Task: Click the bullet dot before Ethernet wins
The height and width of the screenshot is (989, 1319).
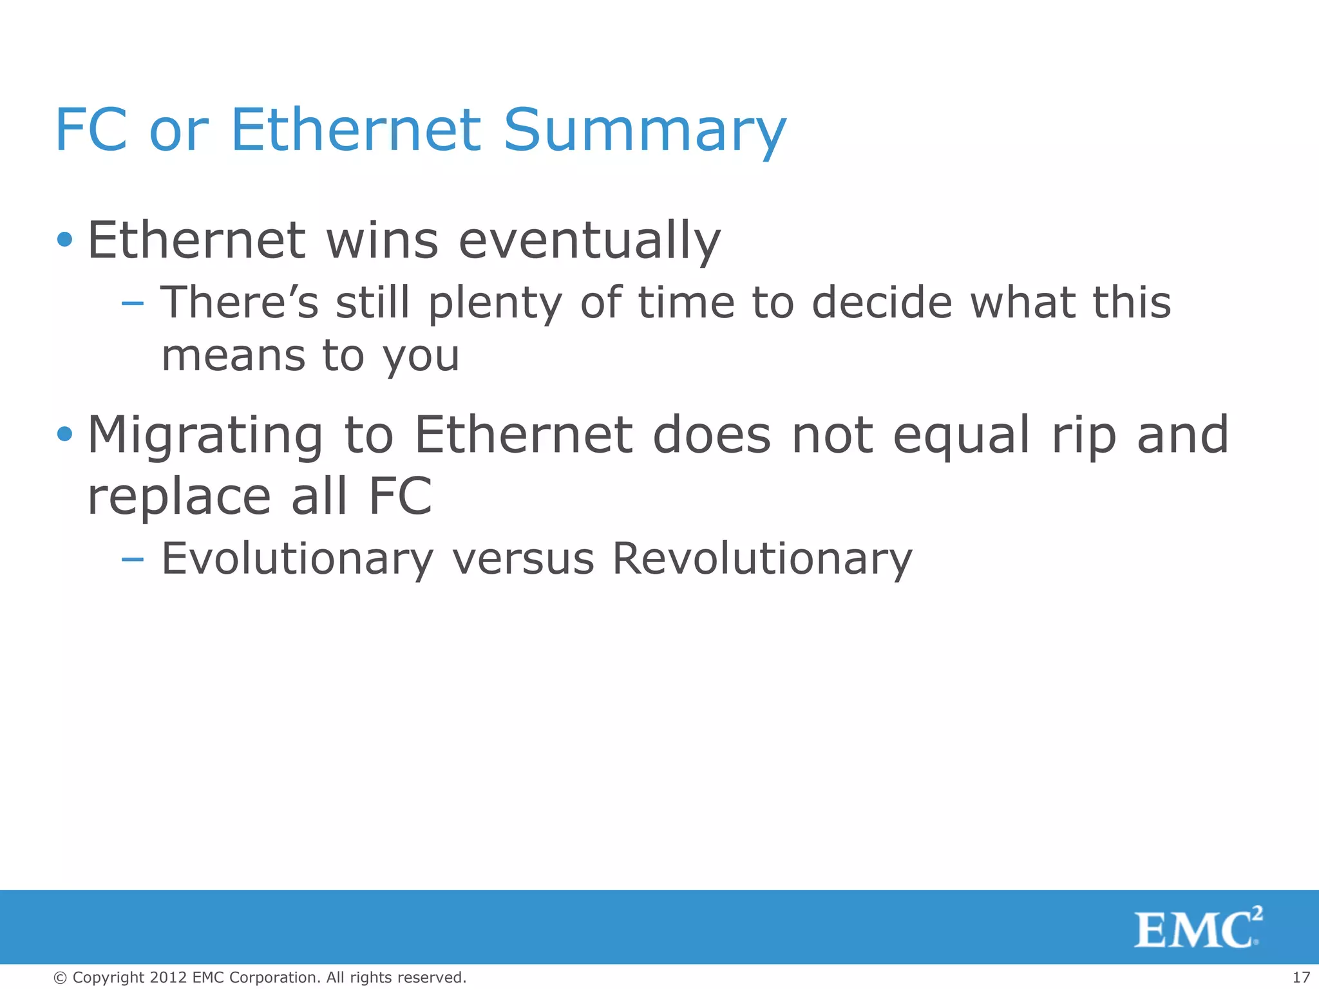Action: pyautogui.click(x=64, y=240)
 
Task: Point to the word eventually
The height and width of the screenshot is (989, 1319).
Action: pyautogui.click(x=589, y=241)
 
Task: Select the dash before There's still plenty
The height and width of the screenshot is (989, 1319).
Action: pyautogui.click(x=132, y=303)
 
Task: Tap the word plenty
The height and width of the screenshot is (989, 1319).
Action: pyautogui.click(x=495, y=303)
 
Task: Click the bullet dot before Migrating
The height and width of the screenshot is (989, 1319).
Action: pyautogui.click(x=64, y=434)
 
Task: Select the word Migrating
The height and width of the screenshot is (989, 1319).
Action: pyautogui.click(x=205, y=437)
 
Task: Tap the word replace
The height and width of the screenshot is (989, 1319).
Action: pyautogui.click(x=179, y=497)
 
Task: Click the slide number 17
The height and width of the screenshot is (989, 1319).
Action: pyautogui.click(x=1301, y=977)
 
